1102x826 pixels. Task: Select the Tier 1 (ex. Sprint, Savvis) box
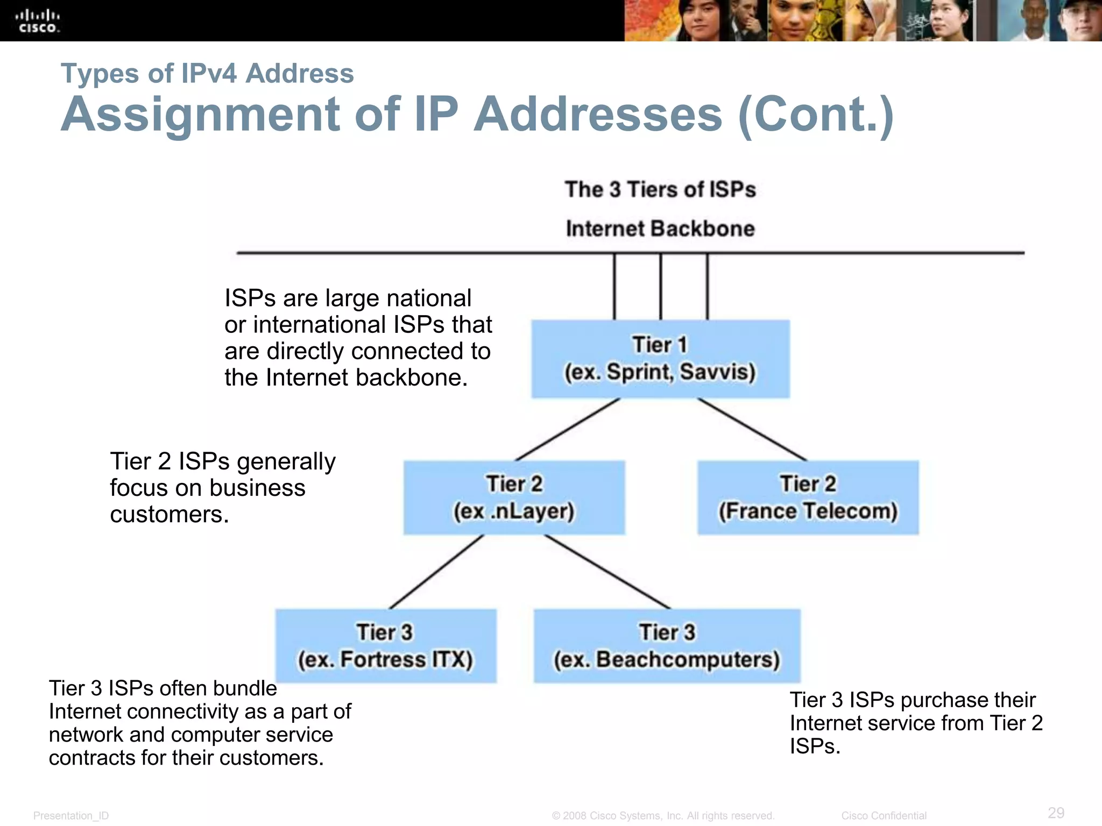pos(660,359)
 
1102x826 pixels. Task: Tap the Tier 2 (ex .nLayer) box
pos(514,497)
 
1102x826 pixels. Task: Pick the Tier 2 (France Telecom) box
pos(808,497)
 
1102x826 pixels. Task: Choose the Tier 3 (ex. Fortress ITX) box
pos(385,646)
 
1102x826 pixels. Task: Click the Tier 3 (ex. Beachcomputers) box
pos(667,646)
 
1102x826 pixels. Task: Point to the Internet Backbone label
pos(660,229)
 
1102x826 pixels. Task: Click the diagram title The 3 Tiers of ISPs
pos(660,190)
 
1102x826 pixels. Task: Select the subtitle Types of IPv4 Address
pos(207,73)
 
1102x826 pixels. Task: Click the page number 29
pos(1056,813)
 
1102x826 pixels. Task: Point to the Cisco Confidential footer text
pos(884,816)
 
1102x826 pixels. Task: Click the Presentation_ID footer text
pos(71,816)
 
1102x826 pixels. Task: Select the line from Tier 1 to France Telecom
pos(752,429)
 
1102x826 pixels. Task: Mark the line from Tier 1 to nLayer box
pos(568,429)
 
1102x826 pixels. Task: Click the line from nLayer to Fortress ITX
pos(436,572)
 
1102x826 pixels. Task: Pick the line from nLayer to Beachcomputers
pos(608,572)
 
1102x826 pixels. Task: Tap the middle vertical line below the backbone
pos(661,286)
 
